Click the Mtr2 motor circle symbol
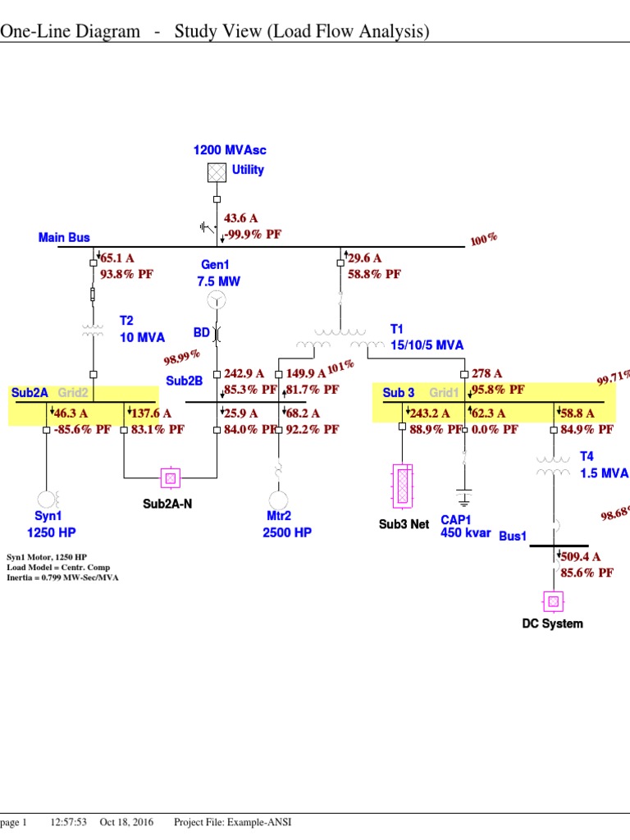click(x=279, y=499)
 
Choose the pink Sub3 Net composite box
click(x=403, y=489)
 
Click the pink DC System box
click(x=553, y=603)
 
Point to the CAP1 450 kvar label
click(x=465, y=526)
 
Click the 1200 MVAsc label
click(x=230, y=150)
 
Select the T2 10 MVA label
click(x=142, y=329)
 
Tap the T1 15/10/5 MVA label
click(x=427, y=337)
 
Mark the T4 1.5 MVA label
click(x=604, y=464)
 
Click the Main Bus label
click(x=64, y=238)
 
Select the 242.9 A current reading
click(x=244, y=374)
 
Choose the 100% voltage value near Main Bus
click(x=484, y=240)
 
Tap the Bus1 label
click(x=513, y=536)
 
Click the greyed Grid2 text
click(x=73, y=393)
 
